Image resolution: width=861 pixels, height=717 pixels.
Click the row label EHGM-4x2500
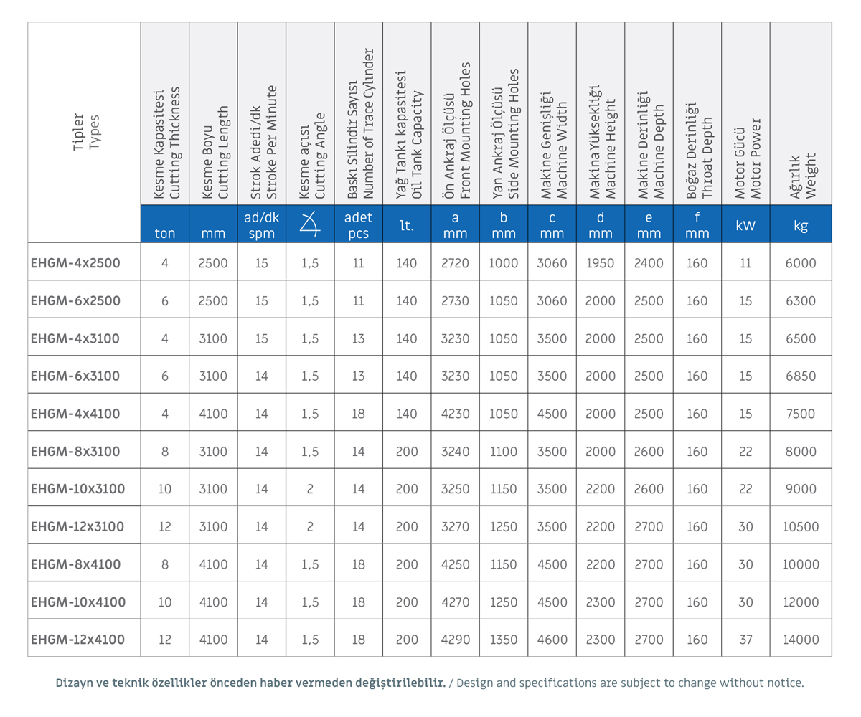pyautogui.click(x=75, y=263)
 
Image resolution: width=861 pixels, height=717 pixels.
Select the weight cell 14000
pyautogui.click(x=801, y=639)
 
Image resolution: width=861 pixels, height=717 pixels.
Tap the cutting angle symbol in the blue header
pyautogui.click(x=310, y=224)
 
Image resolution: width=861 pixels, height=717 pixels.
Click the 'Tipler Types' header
pyautogui.click(x=86, y=132)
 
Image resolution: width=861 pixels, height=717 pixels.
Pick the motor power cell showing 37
pyautogui.click(x=745, y=639)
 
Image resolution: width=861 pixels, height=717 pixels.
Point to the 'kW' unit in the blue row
pyautogui.click(x=745, y=225)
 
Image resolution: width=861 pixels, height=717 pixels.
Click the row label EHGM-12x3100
pyautogui.click(x=77, y=526)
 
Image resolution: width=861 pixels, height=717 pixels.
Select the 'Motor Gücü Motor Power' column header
pyautogui.click(x=747, y=158)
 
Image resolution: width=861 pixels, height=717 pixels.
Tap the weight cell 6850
pyautogui.click(x=801, y=376)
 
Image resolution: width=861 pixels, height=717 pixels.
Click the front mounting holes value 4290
pyautogui.click(x=455, y=639)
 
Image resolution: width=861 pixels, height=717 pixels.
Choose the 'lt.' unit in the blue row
pyautogui.click(x=407, y=225)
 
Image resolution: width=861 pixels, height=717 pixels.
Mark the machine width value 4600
pyautogui.click(x=552, y=639)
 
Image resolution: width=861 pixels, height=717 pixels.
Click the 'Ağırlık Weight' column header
pyautogui.click(x=802, y=176)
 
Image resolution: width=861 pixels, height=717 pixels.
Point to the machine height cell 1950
pyautogui.click(x=600, y=263)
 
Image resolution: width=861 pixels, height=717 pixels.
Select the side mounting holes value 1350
pyautogui.click(x=504, y=639)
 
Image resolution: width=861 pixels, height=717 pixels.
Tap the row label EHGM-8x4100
pyautogui.click(x=76, y=564)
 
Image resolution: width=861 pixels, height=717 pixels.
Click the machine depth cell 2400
pyautogui.click(x=649, y=263)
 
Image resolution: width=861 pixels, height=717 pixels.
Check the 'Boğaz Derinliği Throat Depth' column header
pyautogui.click(x=699, y=151)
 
